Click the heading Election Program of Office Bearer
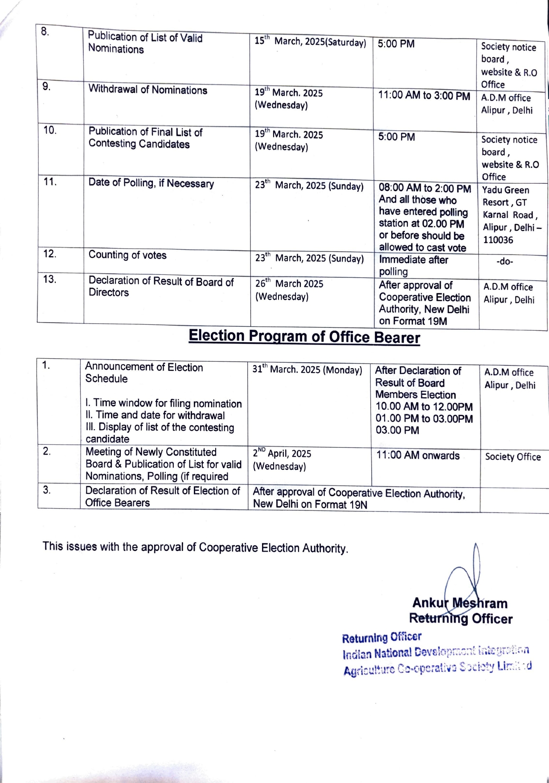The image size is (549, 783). tap(304, 336)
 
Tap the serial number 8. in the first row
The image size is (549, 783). tap(45, 32)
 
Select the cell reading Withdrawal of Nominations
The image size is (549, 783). tap(147, 90)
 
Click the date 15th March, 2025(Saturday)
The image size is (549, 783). tap(310, 42)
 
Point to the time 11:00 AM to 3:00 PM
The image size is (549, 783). tap(424, 96)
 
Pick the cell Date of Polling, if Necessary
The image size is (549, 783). tap(151, 183)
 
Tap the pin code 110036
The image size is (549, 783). tap(498, 240)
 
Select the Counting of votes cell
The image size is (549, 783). tap(127, 255)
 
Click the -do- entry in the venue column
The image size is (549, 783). tap(504, 261)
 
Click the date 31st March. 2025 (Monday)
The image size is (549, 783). tap(307, 370)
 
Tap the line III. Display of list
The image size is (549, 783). tap(160, 427)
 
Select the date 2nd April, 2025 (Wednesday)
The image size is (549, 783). tap(282, 460)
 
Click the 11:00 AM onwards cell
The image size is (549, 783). tap(418, 456)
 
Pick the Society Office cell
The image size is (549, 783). tap(512, 457)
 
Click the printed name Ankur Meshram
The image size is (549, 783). tap(459, 603)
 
